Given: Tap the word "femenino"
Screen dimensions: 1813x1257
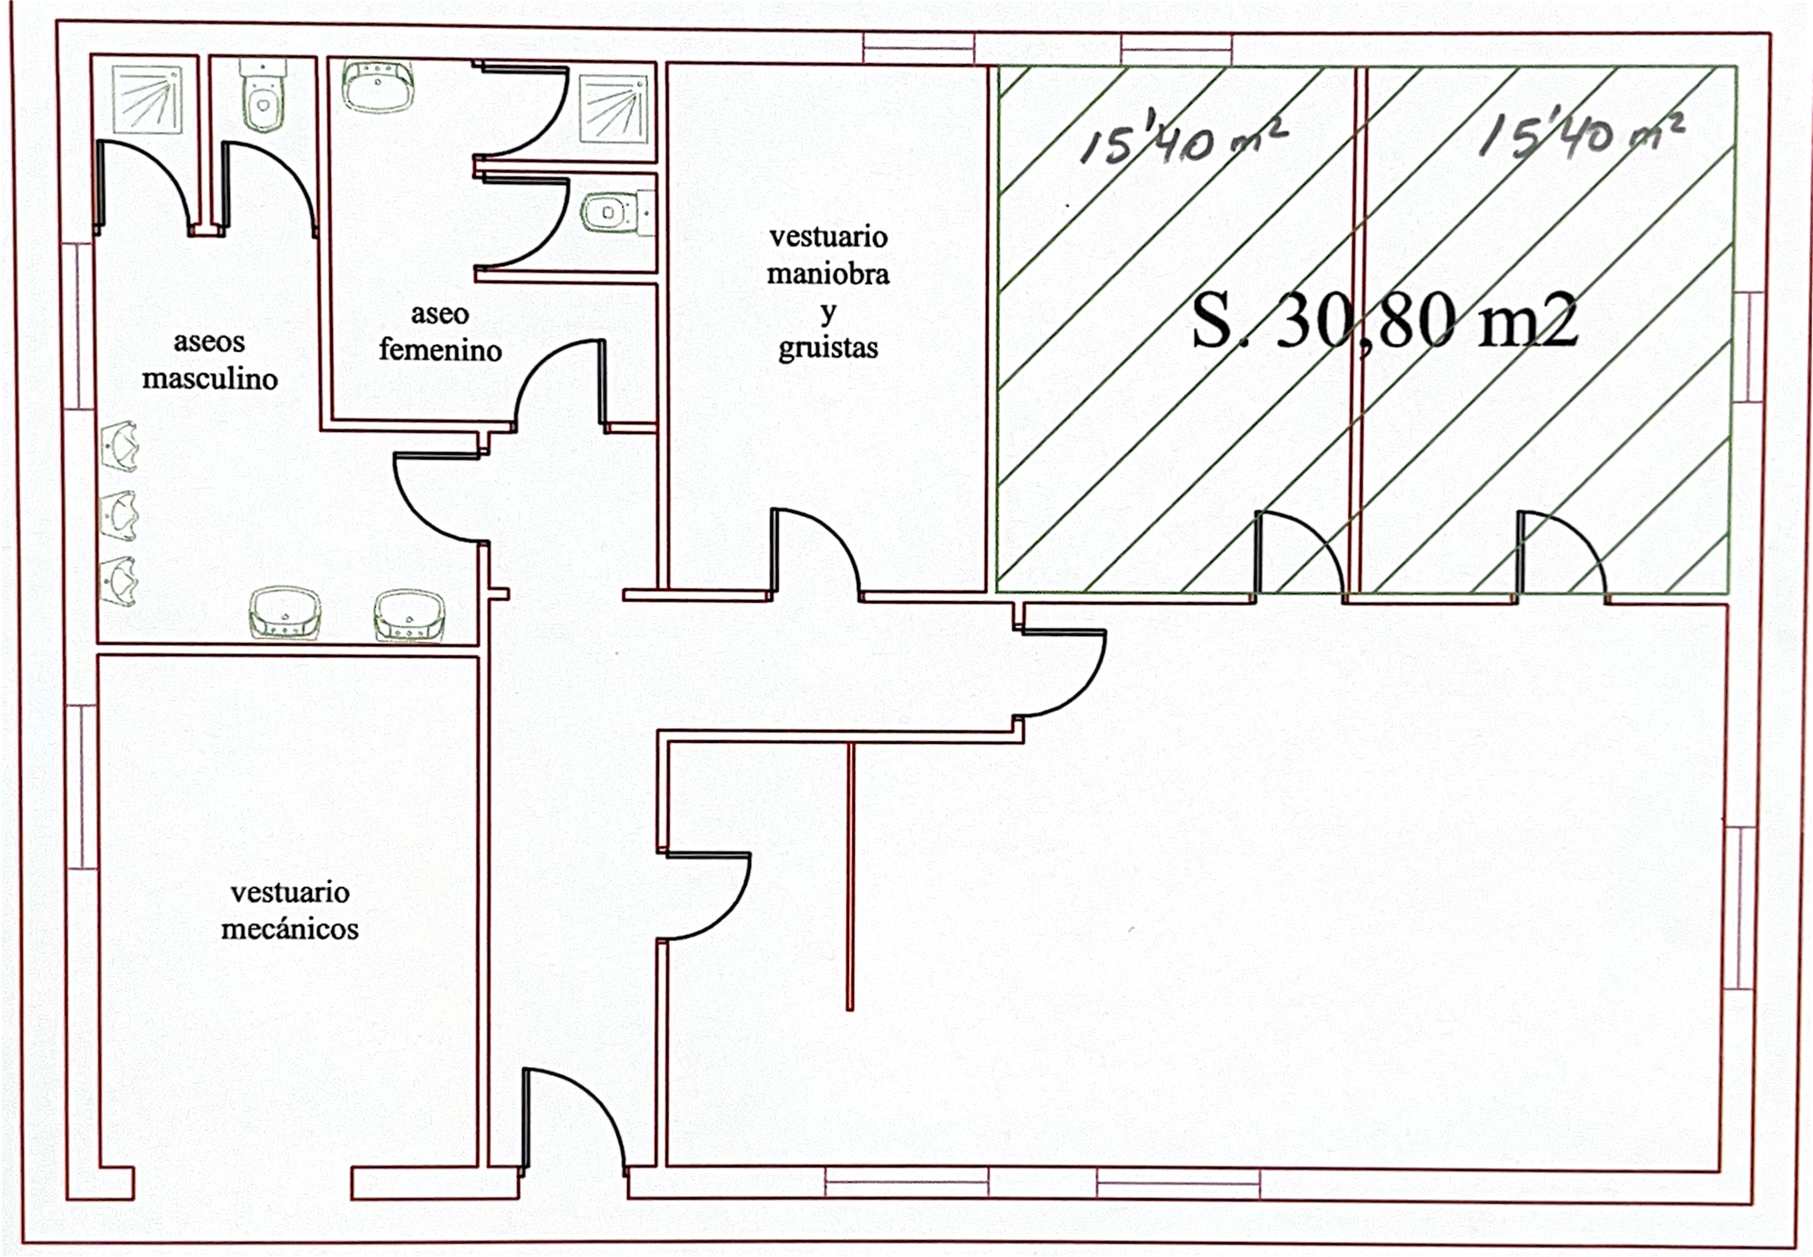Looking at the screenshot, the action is point(440,351).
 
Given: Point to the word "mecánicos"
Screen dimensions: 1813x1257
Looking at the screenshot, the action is point(290,929).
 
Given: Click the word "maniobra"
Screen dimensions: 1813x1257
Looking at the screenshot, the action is point(828,274).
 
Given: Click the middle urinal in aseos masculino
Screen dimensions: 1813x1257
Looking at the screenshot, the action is point(119,516).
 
